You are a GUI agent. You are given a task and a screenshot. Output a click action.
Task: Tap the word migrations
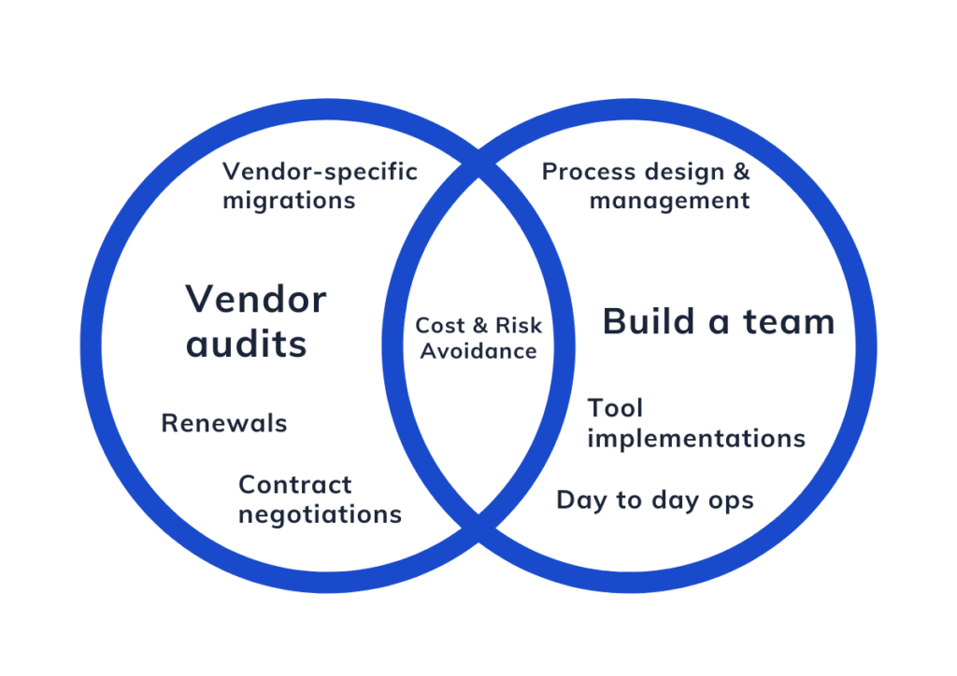coord(289,201)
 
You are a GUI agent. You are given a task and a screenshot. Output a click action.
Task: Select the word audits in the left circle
coord(246,344)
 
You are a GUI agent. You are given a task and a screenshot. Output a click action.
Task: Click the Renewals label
coord(224,423)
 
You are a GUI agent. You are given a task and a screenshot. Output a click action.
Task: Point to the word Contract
coord(294,486)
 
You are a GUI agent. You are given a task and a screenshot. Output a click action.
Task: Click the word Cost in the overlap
coord(440,326)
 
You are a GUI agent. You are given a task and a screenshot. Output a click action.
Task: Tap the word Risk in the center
coord(518,326)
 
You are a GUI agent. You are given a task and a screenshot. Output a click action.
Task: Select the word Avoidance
coord(478,351)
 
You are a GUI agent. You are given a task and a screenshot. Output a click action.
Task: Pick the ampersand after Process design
coord(741,172)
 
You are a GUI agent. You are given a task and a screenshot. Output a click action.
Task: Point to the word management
coord(669,201)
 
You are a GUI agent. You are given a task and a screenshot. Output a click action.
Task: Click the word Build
coord(649,321)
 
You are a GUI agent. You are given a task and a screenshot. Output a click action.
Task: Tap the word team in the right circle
coord(789,322)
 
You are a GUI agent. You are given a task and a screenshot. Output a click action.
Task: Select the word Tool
coord(615,408)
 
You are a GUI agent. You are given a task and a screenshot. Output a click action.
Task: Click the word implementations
coord(696,439)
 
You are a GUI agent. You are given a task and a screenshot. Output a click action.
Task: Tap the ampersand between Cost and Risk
coord(480,326)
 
